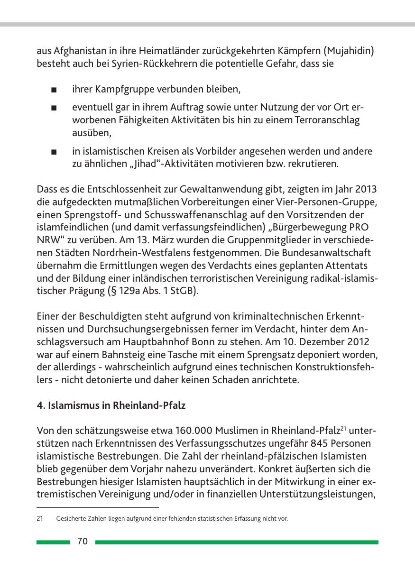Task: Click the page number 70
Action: click(x=83, y=542)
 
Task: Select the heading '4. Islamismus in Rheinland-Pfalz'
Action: click(x=111, y=405)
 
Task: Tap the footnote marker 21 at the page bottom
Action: click(x=40, y=519)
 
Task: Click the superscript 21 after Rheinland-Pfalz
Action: click(x=345, y=429)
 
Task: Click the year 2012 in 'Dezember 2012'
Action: click(x=358, y=342)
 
